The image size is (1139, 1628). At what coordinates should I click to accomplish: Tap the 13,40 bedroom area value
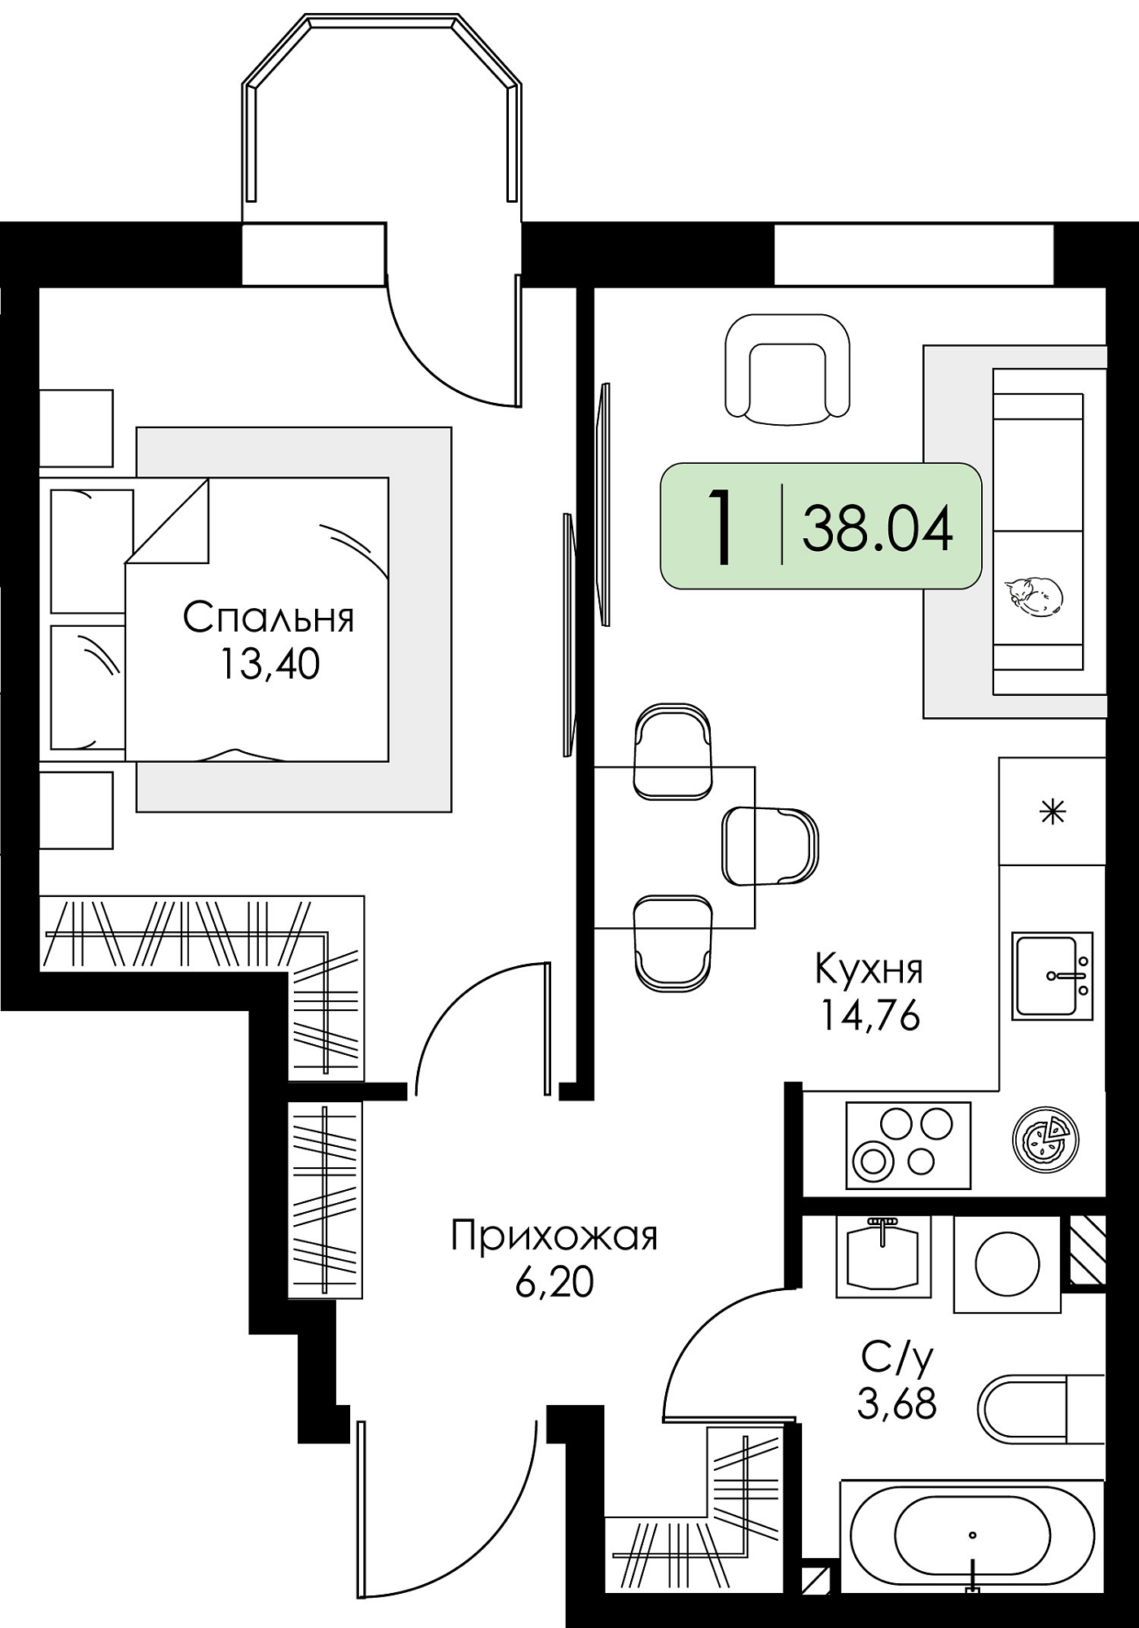(269, 665)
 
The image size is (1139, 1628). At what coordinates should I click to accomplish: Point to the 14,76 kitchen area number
(870, 1015)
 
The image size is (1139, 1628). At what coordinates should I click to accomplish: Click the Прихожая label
(554, 1236)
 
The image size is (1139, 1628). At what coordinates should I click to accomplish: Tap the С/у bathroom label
(897, 1359)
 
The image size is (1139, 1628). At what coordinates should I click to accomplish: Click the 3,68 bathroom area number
(897, 1403)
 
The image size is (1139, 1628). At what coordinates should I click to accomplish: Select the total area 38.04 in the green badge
(878, 527)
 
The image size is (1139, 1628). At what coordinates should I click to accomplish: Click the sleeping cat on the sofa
(1032, 596)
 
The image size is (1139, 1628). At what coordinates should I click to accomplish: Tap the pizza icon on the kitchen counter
(1045, 1137)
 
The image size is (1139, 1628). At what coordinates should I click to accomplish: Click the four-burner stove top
(908, 1145)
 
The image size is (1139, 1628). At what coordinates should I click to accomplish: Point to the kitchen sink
(1052, 976)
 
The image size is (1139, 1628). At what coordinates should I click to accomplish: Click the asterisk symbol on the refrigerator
(1053, 812)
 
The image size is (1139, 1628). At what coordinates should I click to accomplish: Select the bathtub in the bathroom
(973, 1534)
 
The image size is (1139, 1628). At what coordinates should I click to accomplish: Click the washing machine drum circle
(1007, 1264)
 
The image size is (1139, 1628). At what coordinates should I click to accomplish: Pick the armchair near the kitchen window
(787, 370)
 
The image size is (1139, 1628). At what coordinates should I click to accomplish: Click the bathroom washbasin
(883, 1256)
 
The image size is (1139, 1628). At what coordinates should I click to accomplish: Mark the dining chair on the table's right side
(770, 846)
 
